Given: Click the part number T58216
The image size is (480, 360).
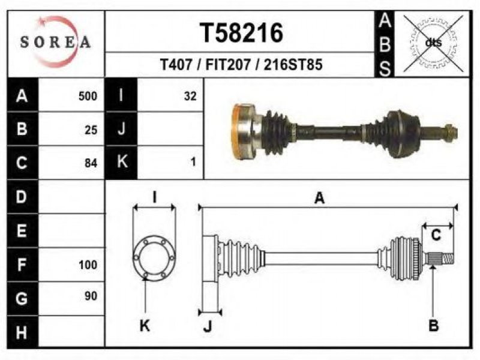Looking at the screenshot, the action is pos(242,33).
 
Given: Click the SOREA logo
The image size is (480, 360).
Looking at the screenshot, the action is pos(56,42).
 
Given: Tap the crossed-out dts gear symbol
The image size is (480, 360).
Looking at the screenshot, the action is pos(433,43).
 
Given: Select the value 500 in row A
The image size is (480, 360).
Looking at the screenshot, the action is pos(88,96).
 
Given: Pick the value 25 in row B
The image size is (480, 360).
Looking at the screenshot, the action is pos(91,130).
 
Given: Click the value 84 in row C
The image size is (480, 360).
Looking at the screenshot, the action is pos(91,163).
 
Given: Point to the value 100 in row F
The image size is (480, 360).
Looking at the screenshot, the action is pos(88,265).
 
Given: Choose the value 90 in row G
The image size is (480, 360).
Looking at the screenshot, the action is pos(91,296).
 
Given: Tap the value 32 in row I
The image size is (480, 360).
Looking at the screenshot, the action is pos(190,96).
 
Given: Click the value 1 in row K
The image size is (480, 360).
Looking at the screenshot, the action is pos(193,161).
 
